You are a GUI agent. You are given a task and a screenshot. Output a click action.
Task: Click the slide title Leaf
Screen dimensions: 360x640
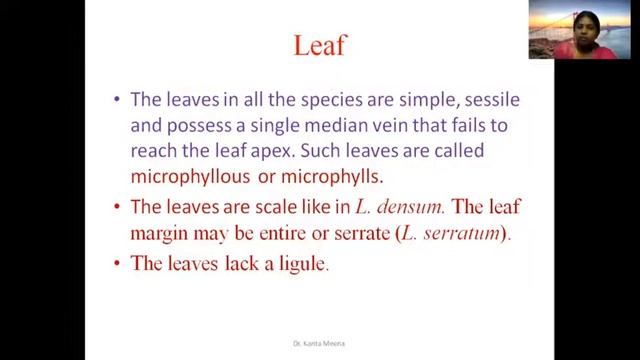pyautogui.click(x=320, y=45)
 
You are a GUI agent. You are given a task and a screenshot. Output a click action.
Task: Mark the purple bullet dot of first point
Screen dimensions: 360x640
pyautogui.click(x=118, y=101)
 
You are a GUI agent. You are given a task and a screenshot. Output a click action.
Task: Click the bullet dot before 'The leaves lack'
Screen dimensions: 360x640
pyautogui.click(x=118, y=264)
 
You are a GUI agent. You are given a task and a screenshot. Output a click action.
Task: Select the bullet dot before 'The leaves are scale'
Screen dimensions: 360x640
pyautogui.click(x=118, y=209)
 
